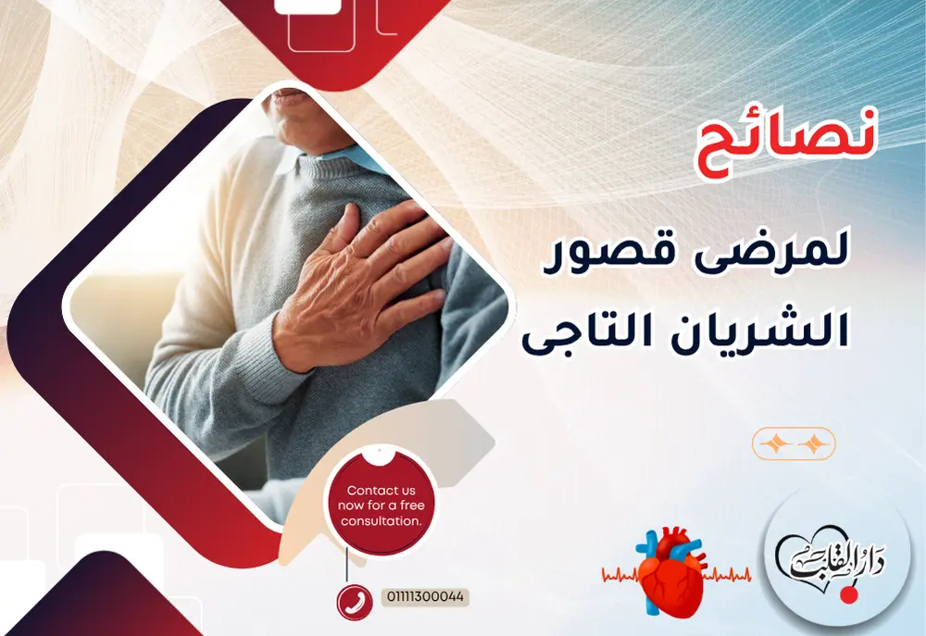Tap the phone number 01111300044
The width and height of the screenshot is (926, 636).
[x=424, y=598]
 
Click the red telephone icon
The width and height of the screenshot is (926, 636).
[x=353, y=601]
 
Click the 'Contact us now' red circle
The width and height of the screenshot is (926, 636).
[x=380, y=505]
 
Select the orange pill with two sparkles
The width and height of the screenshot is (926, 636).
[x=794, y=444]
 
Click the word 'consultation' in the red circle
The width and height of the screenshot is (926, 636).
[x=381, y=520]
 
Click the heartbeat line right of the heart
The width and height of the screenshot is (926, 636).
[x=726, y=576]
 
